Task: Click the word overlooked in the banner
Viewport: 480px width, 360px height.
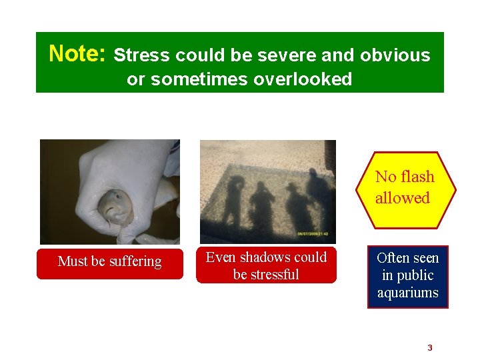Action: [x=303, y=79]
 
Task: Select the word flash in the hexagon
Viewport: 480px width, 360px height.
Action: [x=416, y=177]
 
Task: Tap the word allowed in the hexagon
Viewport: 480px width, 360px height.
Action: [x=403, y=198]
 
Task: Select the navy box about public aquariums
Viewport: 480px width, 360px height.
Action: [x=408, y=275]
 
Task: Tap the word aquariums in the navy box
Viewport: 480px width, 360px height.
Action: [x=408, y=293]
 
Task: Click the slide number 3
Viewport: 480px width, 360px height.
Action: [x=430, y=347]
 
